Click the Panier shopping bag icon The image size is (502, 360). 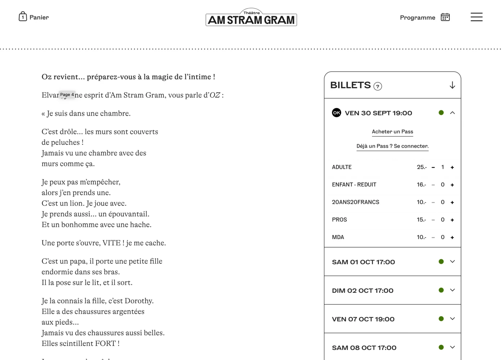point(23,17)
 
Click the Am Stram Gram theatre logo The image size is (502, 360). point(251,18)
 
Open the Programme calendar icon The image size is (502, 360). point(445,17)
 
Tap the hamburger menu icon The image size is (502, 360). point(476,17)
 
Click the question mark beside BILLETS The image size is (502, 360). point(377,86)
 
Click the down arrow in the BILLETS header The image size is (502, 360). point(452,85)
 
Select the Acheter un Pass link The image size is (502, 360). point(392,132)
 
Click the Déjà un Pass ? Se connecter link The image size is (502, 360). point(392,146)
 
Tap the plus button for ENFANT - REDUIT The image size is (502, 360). point(452,185)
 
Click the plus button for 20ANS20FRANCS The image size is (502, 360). point(452,203)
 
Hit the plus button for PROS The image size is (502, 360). point(452,220)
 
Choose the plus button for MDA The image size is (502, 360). point(452,238)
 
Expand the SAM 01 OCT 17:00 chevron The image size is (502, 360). point(452,262)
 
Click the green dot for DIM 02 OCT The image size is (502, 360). point(441,290)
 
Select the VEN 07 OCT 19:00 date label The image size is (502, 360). point(363,319)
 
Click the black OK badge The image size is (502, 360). point(336,113)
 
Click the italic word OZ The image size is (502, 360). point(215,95)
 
